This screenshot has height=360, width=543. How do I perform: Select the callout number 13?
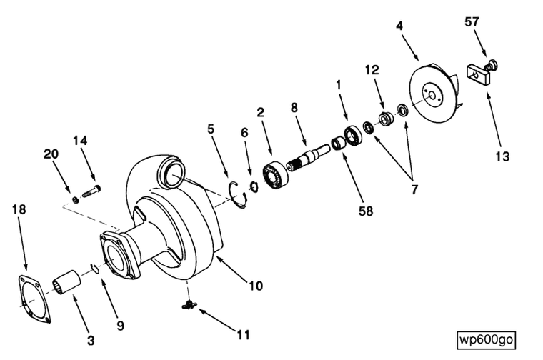tap(502, 156)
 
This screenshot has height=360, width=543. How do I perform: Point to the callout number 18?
tap(19, 209)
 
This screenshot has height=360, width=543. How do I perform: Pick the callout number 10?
tap(256, 286)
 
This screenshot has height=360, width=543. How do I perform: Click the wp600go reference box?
tap(487, 339)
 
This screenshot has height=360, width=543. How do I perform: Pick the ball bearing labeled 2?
tap(275, 176)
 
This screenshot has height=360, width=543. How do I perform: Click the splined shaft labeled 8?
tap(309, 155)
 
